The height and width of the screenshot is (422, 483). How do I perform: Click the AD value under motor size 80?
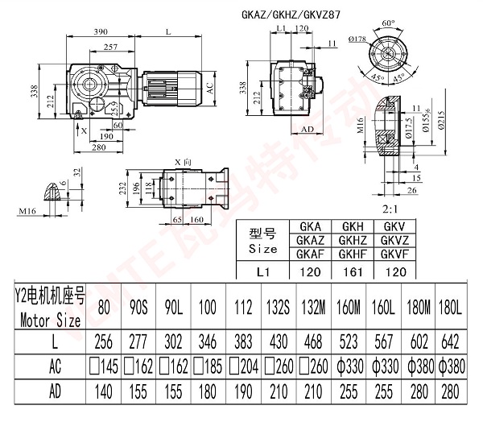[x=103, y=395]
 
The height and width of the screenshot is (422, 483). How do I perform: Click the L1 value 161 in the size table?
[x=358, y=271]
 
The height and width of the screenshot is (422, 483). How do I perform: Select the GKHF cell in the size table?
[x=358, y=253]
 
